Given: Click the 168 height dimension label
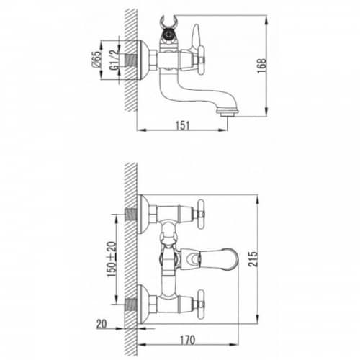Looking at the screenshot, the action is click(x=262, y=66).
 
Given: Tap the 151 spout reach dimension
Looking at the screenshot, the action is click(x=183, y=125).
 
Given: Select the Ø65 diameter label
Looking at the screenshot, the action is click(x=97, y=59).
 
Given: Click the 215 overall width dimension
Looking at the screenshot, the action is click(x=253, y=259).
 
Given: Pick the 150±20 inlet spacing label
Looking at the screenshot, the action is click(x=112, y=259).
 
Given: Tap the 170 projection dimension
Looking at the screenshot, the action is click(x=187, y=340).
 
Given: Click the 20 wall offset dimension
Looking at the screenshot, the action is click(x=102, y=324).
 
